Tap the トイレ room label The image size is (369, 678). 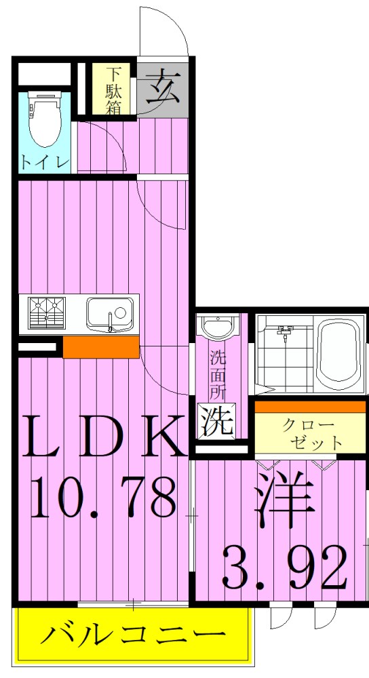pyautogui.click(x=43, y=162)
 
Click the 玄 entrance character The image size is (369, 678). pyautogui.click(x=161, y=88)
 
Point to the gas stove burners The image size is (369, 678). pyautogui.click(x=46, y=313)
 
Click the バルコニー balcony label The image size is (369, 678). pyautogui.click(x=133, y=636)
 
